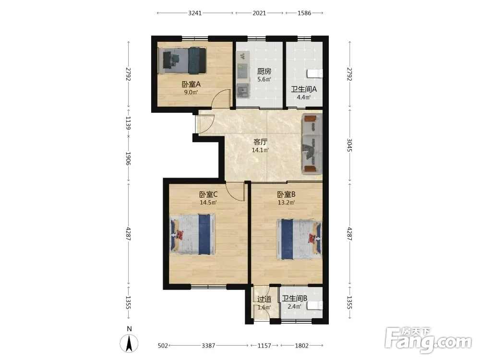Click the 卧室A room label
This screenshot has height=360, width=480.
pyautogui.click(x=191, y=84)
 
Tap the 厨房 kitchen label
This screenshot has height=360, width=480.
pyautogui.click(x=264, y=72)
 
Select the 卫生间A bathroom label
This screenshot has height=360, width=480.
pyautogui.click(x=304, y=89)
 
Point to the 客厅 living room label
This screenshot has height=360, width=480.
pyautogui.click(x=261, y=142)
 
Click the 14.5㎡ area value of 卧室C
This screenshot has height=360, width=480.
pyautogui.click(x=208, y=203)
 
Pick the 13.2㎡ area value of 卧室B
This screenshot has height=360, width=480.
pyautogui.click(x=286, y=203)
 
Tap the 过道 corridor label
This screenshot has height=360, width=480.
pyautogui.click(x=264, y=299)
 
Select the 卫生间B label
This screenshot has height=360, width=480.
pyautogui.click(x=295, y=299)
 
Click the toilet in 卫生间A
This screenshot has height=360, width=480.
pyautogui.click(x=315, y=73)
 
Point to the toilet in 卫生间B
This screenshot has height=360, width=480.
pyautogui.click(x=315, y=305)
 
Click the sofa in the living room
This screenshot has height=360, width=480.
pyautogui.click(x=312, y=144)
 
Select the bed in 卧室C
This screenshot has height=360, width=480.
pyautogui.click(x=192, y=234)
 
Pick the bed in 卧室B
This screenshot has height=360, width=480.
pyautogui.click(x=299, y=239)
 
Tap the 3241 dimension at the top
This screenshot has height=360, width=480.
pyautogui.click(x=195, y=13)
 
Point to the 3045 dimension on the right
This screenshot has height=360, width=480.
pyautogui.click(x=349, y=145)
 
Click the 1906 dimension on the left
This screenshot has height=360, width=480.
pyautogui.click(x=129, y=158)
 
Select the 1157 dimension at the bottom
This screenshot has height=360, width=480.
pyautogui.click(x=264, y=346)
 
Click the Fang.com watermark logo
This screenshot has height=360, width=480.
pyautogui.click(x=428, y=340)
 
